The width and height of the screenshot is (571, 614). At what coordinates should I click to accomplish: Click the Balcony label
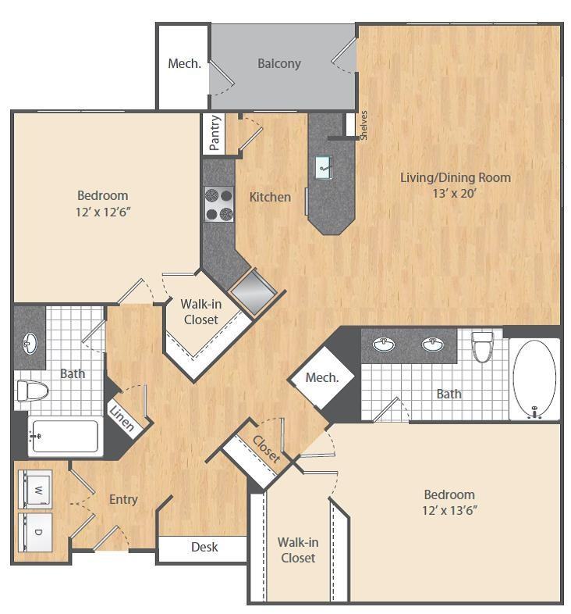pos(278,63)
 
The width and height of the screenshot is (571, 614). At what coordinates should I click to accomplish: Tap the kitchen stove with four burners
pos(218,204)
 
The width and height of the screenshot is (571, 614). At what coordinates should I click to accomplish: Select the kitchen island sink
pos(324,166)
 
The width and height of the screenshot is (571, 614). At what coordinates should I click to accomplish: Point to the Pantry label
pos(215,133)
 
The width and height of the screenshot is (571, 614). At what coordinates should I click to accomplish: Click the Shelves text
pos(363,125)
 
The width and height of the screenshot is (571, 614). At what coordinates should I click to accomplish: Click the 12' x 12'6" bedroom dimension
pos(102,212)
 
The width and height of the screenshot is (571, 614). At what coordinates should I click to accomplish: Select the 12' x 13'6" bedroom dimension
pos(449,511)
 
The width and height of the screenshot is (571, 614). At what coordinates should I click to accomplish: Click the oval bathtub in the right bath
pos(534,380)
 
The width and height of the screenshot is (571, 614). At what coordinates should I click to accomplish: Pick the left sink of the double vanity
pos(383,344)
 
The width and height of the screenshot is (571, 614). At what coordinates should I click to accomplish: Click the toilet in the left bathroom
pos(34,391)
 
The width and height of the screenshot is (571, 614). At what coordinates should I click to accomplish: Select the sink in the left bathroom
pos(30,342)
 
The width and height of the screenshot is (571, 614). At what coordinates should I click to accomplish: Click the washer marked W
pos(35,490)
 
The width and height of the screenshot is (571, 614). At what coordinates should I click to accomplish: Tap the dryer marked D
pos(35,532)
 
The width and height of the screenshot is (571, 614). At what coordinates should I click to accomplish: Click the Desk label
pos(204,547)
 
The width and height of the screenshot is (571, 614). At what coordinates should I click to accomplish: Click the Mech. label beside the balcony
pos(184,63)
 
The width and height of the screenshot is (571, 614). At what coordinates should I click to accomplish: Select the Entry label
pos(123,499)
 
